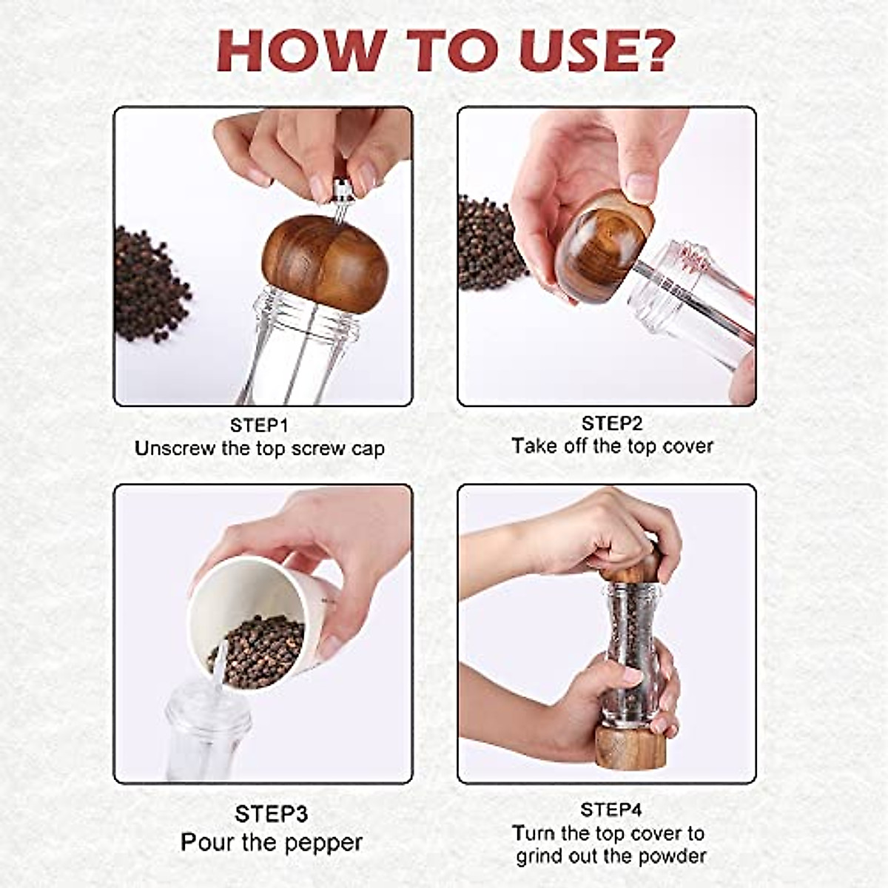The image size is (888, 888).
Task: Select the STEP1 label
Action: click(x=258, y=425)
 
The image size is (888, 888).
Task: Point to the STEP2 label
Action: click(x=611, y=423)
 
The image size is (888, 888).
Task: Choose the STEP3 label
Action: click(x=271, y=814)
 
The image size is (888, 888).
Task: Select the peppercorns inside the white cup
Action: click(x=259, y=651)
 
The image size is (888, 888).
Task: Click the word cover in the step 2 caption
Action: click(x=687, y=446)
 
